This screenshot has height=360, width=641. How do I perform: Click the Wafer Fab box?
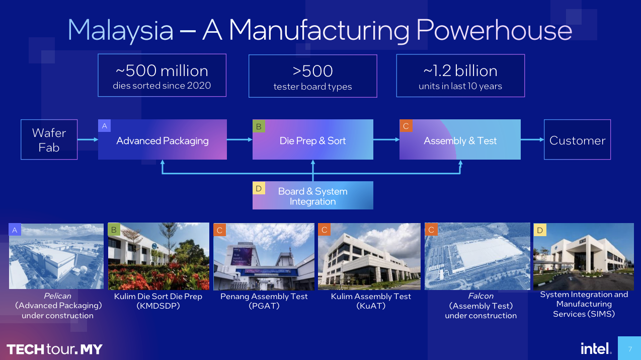coord(49,139)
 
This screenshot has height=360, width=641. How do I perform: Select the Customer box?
coord(577,139)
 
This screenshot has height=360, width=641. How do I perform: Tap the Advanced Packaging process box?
coord(162,139)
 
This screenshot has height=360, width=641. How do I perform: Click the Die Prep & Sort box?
coord(313,139)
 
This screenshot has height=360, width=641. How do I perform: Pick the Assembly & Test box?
coord(460,139)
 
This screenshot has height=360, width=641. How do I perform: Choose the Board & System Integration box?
coord(313,195)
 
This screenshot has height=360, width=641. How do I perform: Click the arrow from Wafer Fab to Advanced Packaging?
coord(88,139)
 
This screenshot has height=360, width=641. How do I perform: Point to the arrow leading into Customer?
coord(532,139)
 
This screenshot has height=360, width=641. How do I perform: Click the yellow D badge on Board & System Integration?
coord(259,188)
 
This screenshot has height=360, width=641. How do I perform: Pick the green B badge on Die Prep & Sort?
coord(259,126)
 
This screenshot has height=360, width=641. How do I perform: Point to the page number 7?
coord(630,349)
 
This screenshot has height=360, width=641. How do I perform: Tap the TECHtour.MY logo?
coord(54,349)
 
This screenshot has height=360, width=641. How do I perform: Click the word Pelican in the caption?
coord(57,296)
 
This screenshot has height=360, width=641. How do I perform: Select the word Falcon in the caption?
coord(481,296)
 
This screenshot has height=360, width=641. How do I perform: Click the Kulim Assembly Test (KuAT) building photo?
coord(369,257)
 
